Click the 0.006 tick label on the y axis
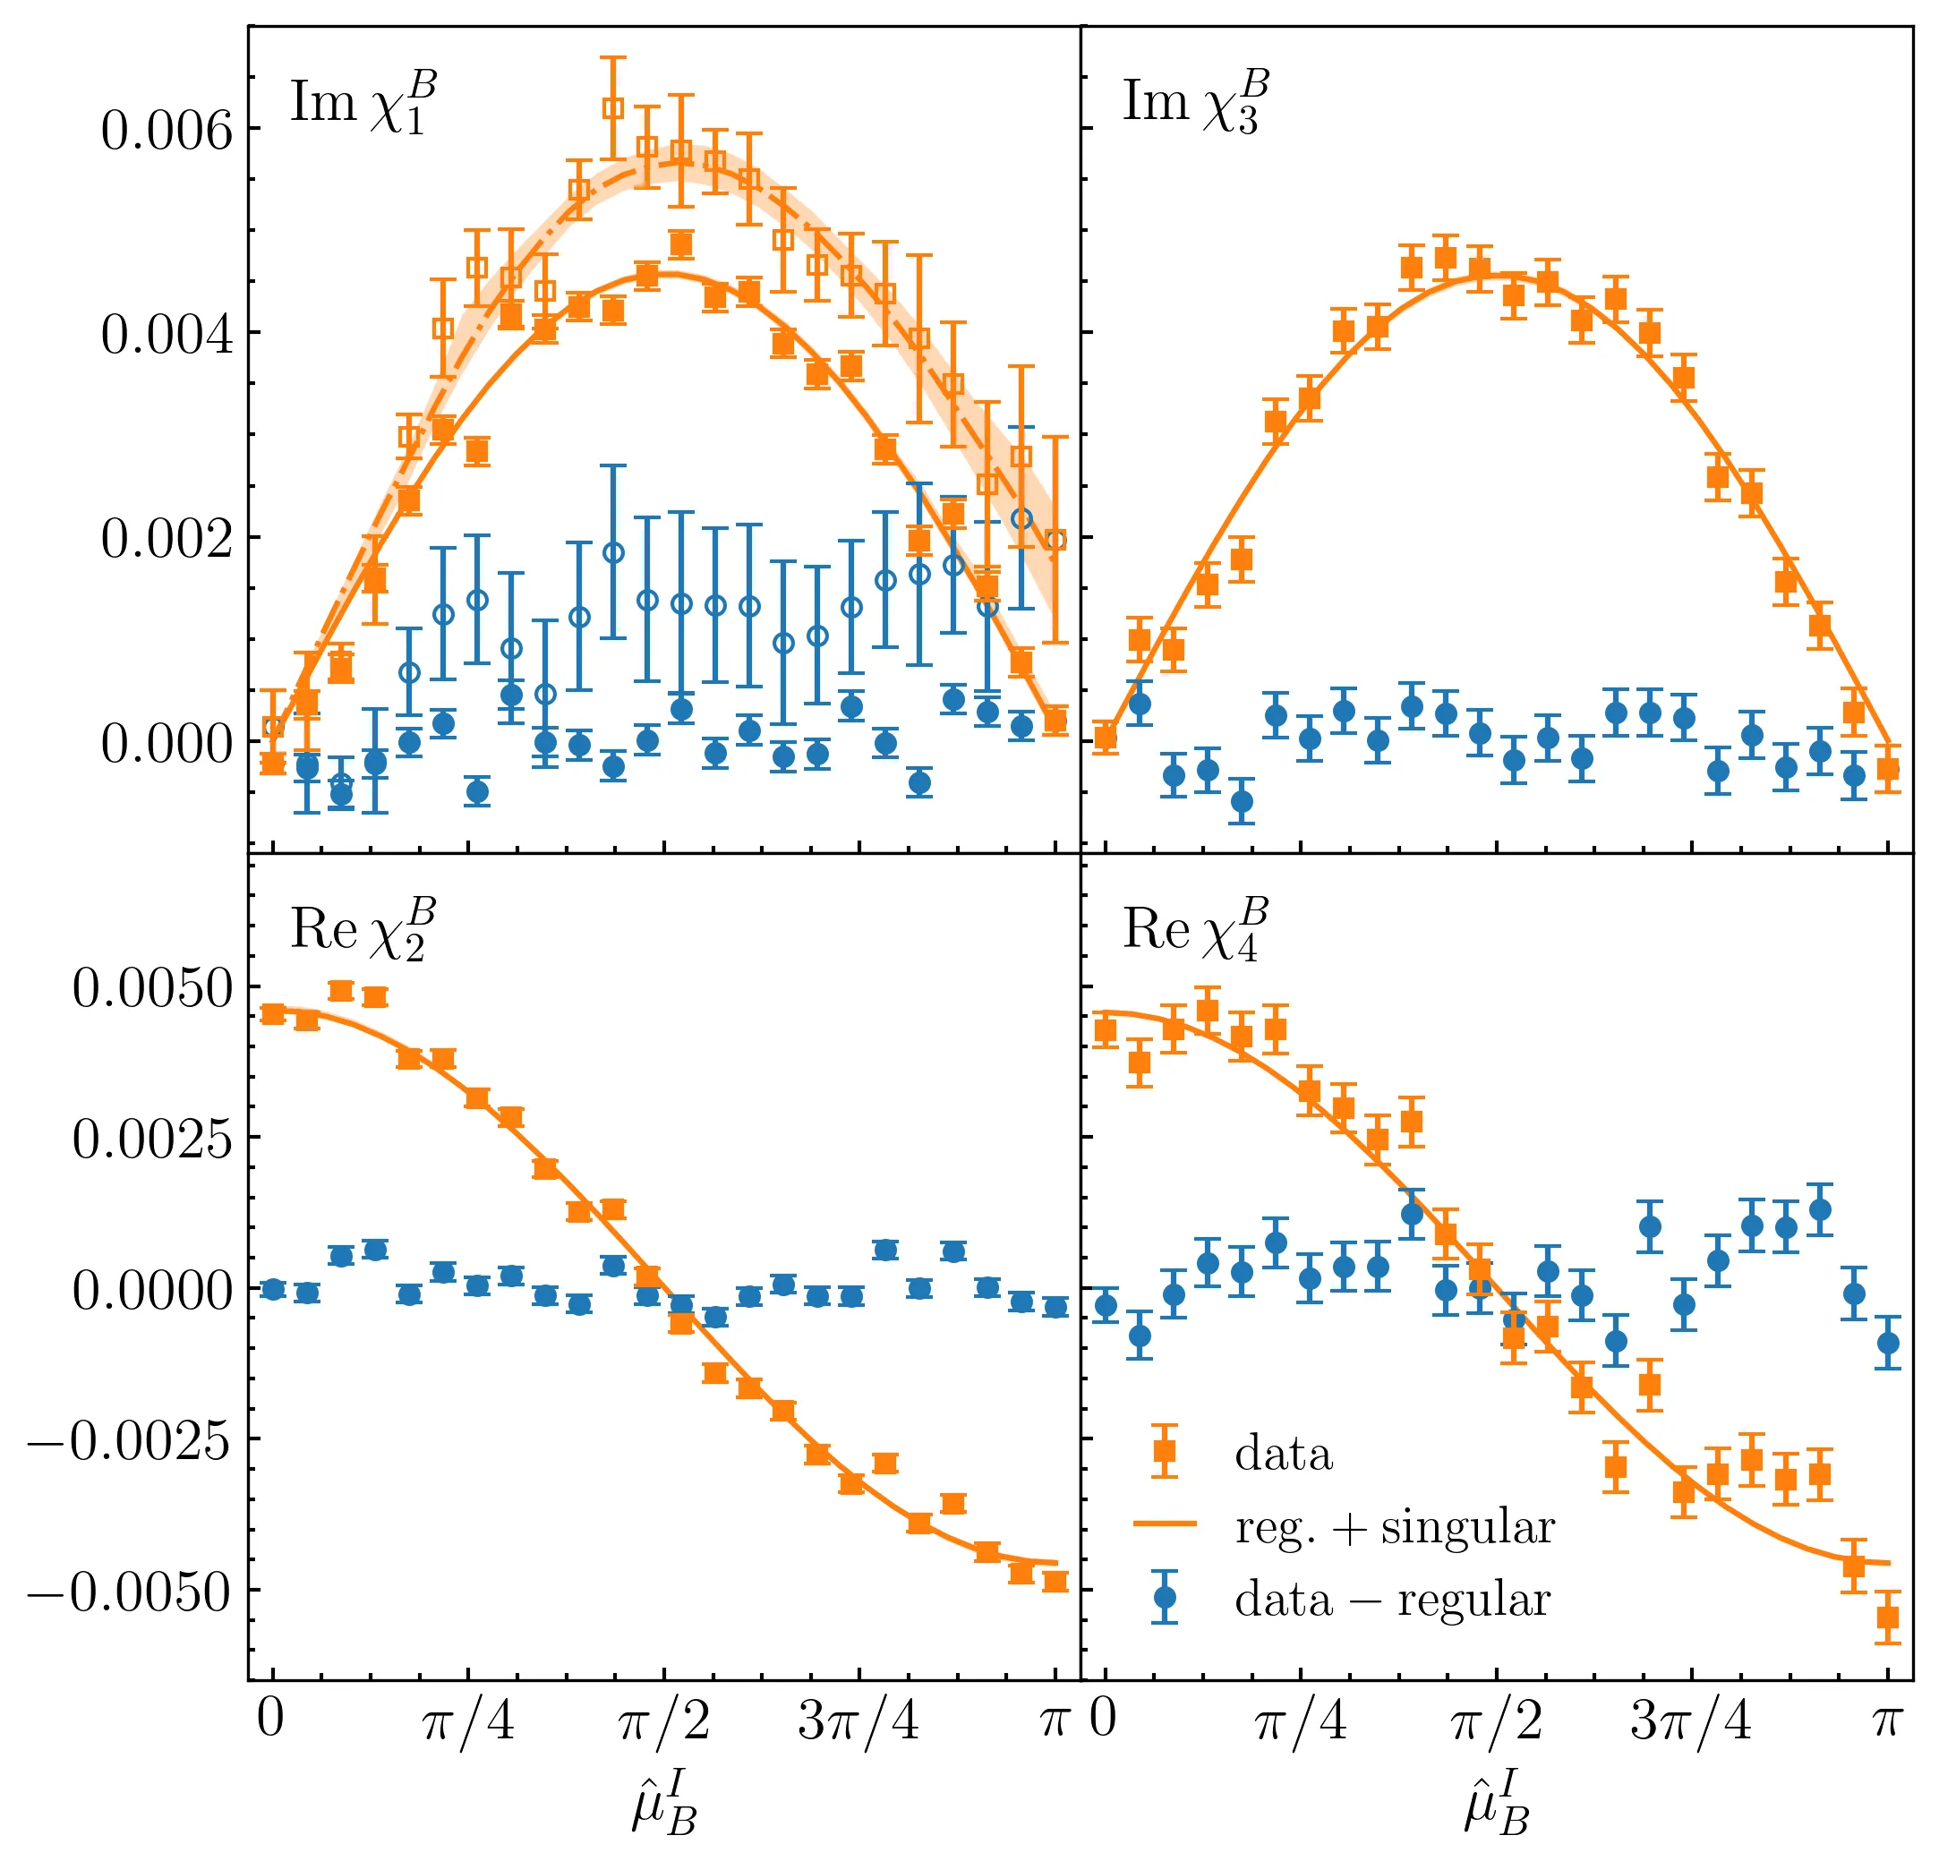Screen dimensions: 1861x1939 (x=167, y=131)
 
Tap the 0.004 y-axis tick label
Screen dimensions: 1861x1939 (x=167, y=335)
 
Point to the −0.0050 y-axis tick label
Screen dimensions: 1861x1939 (x=129, y=1592)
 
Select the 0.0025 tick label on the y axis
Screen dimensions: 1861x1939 (x=152, y=1139)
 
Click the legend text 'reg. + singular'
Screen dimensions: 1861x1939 (x=1394, y=1528)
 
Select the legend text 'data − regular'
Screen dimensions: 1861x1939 (x=1392, y=1600)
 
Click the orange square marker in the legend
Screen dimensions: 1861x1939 (x=1165, y=1451)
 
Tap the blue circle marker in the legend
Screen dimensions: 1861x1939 (x=1165, y=1598)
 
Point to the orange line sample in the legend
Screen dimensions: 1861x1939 (x=1165, y=1524)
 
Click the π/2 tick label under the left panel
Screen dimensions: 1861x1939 (x=664, y=1721)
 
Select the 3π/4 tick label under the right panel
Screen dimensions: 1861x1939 (x=1691, y=1721)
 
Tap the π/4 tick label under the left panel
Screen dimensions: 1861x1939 (x=468, y=1721)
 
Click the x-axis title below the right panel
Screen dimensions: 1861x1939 (x=1496, y=1804)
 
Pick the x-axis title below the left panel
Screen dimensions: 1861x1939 (x=664, y=1804)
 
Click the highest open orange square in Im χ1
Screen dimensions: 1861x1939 (x=613, y=107)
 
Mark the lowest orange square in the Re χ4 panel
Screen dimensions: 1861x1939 (x=1888, y=1618)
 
